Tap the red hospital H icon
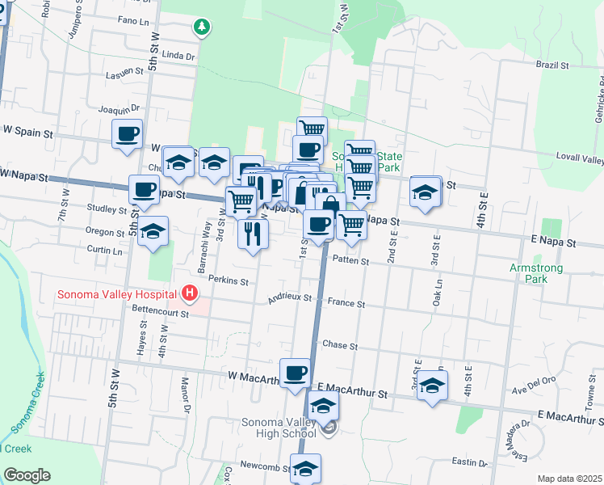190,293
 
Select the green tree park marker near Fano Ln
201,27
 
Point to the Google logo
27,475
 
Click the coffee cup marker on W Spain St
128,134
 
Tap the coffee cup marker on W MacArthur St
296,373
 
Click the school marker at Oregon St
153,232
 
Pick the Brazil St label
552,64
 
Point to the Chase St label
339,345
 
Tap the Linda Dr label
178,57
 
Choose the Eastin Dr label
470,462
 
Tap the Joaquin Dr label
119,109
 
